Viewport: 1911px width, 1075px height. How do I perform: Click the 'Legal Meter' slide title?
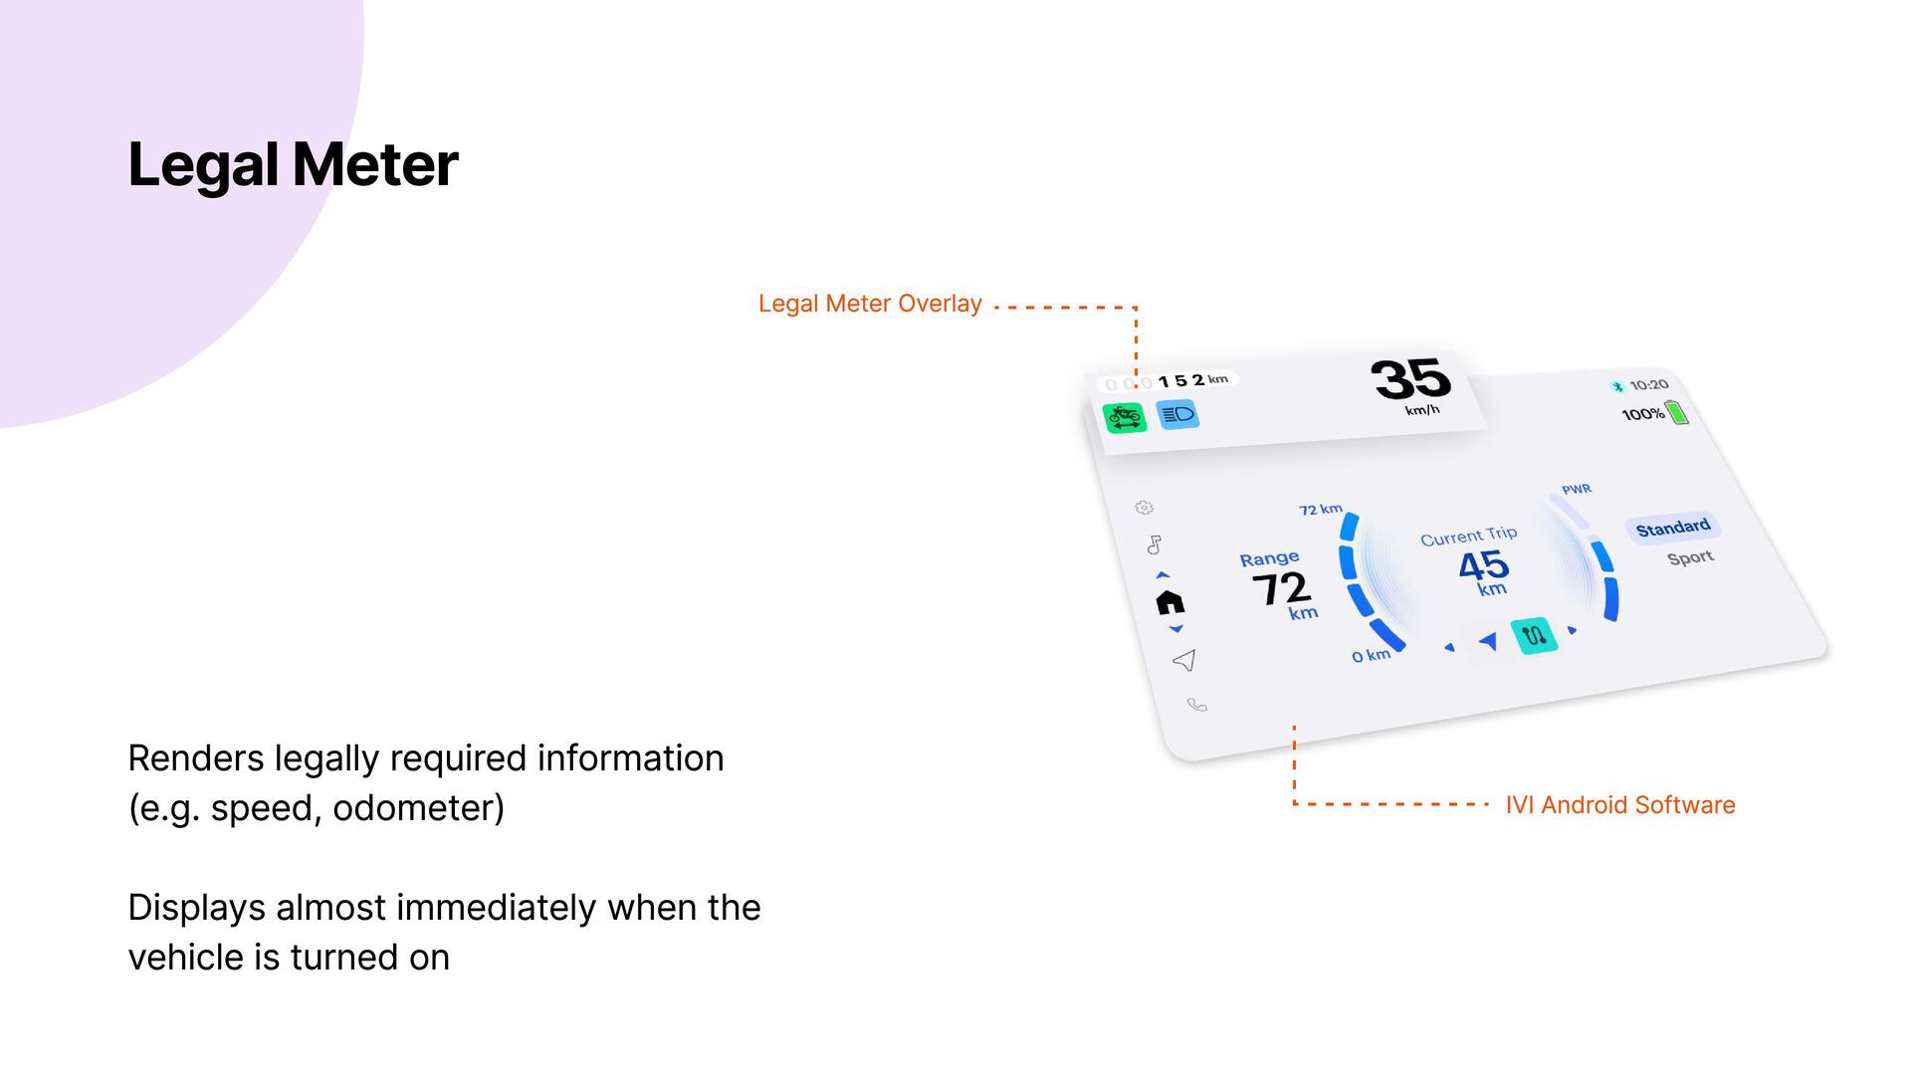pos(293,164)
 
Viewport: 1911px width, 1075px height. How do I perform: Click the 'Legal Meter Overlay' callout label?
pos(870,304)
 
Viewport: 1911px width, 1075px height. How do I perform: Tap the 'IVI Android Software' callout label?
pos(1619,805)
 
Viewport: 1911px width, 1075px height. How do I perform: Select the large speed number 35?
pos(1411,378)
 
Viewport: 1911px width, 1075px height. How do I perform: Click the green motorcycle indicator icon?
pos(1125,417)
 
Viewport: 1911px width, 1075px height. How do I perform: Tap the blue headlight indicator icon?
pos(1178,414)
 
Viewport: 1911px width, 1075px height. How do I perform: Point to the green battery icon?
pos(1678,411)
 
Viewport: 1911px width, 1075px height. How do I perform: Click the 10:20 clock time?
pos(1649,385)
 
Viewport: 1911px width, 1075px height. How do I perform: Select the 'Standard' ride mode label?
pos(1673,528)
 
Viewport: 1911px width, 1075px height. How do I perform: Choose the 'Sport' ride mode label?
pos(1691,557)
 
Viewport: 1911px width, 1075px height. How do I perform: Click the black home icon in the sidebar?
pos(1170,602)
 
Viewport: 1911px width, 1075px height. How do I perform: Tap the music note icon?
pos(1155,544)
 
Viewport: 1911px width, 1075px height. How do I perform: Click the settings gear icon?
pos(1145,508)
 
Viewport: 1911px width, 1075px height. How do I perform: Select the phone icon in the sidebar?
pos(1197,705)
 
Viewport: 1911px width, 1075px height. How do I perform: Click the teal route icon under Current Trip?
pos(1534,635)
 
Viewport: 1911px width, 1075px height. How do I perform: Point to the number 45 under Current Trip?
pos(1484,565)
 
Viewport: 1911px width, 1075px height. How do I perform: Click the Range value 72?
pos(1281,588)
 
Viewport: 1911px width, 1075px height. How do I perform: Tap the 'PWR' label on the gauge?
pos(1577,489)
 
